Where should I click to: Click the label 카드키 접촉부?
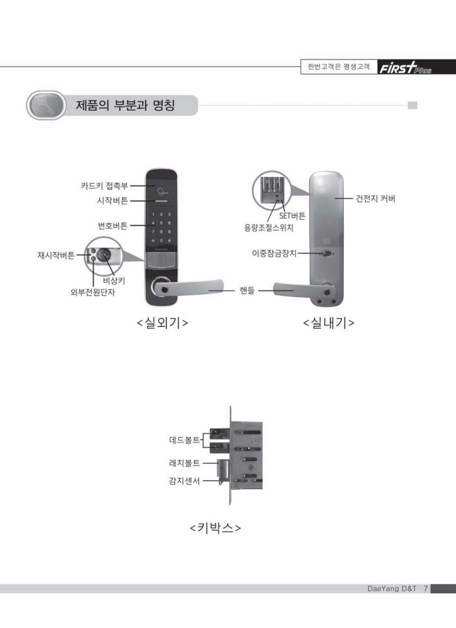pos(104,186)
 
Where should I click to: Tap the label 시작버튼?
pos(112,201)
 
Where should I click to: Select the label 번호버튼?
pos(113,226)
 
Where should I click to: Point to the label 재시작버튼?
pos(56,255)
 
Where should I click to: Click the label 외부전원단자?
pos(93,292)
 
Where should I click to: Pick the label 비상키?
pos(114,281)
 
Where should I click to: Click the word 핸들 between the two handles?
pos(247,291)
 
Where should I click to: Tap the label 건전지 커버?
pos(375,199)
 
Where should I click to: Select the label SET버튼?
pos(292,216)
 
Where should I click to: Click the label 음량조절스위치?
pos(269,228)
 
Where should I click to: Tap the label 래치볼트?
pos(184,463)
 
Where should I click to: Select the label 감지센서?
pos(184,481)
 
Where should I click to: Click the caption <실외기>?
pos(162,322)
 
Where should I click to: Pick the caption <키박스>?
pos(215,528)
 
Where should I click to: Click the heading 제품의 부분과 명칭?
pos(125,105)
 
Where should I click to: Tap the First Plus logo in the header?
pos(405,68)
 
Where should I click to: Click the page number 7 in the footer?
pos(426,588)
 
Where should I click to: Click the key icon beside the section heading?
pos(45,105)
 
